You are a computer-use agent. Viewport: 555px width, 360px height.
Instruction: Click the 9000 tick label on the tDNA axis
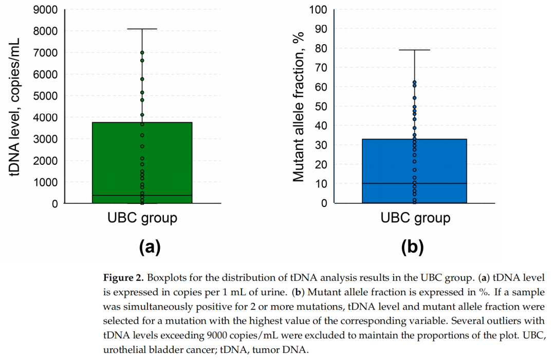pyautogui.click(x=45, y=10)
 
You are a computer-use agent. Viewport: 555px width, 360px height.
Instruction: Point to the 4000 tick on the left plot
pyautogui.click(x=45, y=118)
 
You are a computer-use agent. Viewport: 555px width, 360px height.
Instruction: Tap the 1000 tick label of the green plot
pyautogui.click(x=45, y=182)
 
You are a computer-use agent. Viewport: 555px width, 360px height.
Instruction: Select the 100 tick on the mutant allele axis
pyautogui.click(x=317, y=10)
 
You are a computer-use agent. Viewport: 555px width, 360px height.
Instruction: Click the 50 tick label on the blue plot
pyautogui.click(x=320, y=106)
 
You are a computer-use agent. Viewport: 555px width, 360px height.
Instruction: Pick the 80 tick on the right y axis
pyautogui.click(x=320, y=48)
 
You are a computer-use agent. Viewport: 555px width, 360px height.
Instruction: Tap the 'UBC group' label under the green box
pyautogui.click(x=142, y=218)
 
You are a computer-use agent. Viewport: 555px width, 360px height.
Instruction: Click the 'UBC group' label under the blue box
pyautogui.click(x=415, y=218)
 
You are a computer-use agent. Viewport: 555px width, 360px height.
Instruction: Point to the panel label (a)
pyautogui.click(x=150, y=248)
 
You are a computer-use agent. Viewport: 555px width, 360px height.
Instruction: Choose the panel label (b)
pyautogui.click(x=412, y=248)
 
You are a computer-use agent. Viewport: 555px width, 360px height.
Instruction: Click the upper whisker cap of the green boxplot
pyautogui.click(x=142, y=29)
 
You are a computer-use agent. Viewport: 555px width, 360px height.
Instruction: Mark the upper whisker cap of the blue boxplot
pyautogui.click(x=414, y=50)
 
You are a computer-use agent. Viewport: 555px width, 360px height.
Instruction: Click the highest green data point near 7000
pyautogui.click(x=142, y=52)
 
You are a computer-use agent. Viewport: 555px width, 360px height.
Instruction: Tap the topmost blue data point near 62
pyautogui.click(x=414, y=82)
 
